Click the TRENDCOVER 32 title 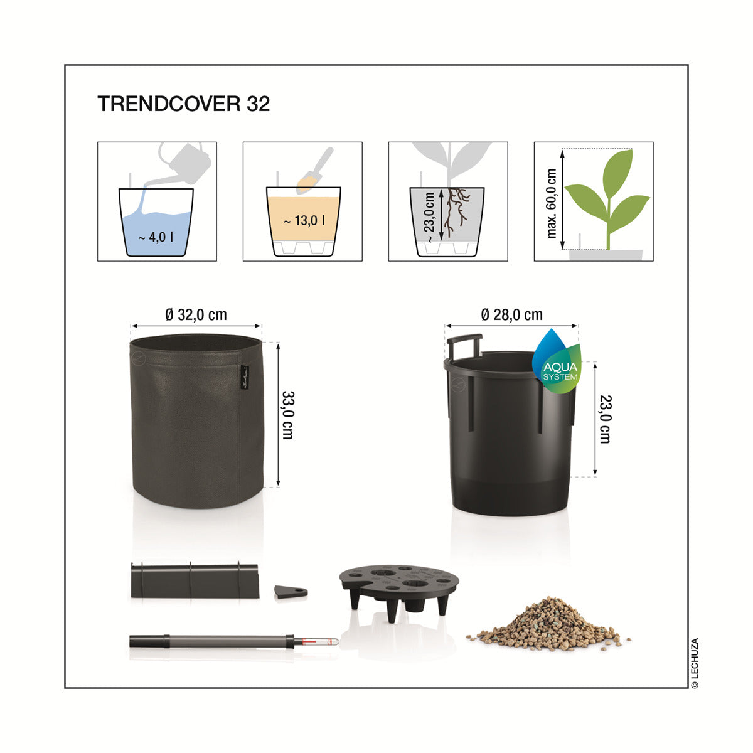point(183,104)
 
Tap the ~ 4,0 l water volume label point(156,237)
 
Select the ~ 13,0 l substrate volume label point(304,221)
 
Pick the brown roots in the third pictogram point(458,211)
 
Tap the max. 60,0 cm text point(552,203)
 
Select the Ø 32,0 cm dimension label point(196,314)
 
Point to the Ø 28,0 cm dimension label point(511,314)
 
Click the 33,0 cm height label point(288,415)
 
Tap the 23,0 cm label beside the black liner point(606,419)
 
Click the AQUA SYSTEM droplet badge point(557,361)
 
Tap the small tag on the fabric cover point(245,378)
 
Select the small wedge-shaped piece point(291,592)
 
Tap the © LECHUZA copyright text point(695,663)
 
